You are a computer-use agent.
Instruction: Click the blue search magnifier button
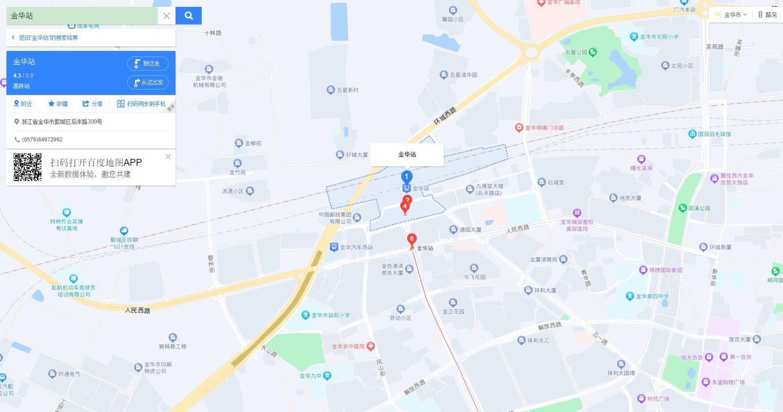tap(188, 16)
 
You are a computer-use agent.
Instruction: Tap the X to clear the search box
tap(166, 16)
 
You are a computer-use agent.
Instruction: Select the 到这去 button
tap(148, 64)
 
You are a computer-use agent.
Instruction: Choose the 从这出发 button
tap(148, 82)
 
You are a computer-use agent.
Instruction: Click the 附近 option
tap(23, 104)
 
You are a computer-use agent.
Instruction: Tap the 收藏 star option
tap(58, 104)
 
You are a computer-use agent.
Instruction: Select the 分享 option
tap(92, 104)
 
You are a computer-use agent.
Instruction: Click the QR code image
tap(27, 167)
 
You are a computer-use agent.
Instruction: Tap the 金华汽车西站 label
tap(356, 248)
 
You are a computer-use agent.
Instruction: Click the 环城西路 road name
tap(445, 115)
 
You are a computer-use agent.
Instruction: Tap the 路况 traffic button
tap(767, 15)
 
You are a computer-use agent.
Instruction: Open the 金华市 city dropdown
tap(731, 15)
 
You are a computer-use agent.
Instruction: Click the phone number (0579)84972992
tap(42, 139)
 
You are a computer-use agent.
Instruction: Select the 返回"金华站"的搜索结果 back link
tap(48, 38)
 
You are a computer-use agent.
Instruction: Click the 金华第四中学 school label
tap(651, 296)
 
